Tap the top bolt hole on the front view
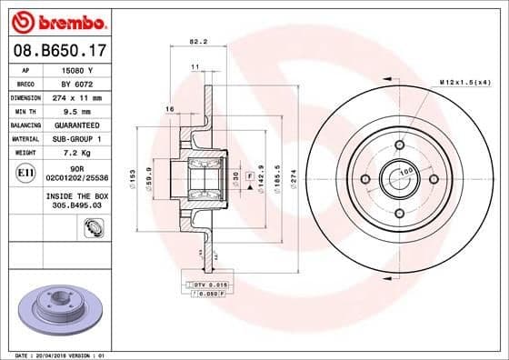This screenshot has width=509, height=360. [399, 145]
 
